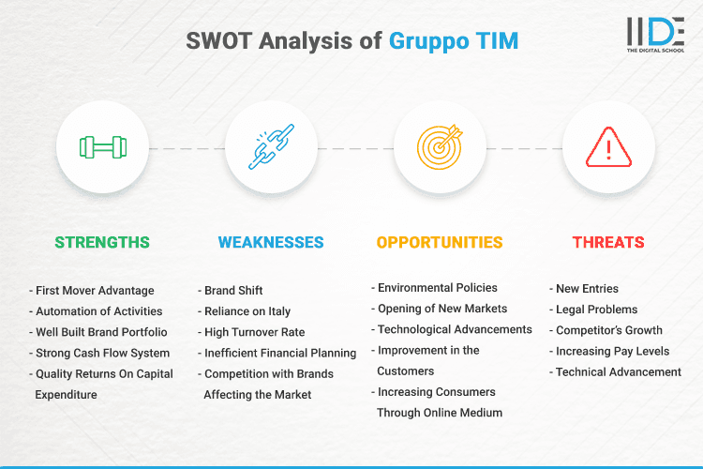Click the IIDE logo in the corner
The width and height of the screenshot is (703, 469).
coord(656,35)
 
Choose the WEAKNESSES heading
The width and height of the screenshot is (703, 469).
coord(271,242)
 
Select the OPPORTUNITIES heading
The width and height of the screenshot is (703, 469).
coord(440,242)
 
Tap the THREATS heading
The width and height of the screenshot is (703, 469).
coord(607,242)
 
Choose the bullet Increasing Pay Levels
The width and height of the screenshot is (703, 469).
coord(613,351)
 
